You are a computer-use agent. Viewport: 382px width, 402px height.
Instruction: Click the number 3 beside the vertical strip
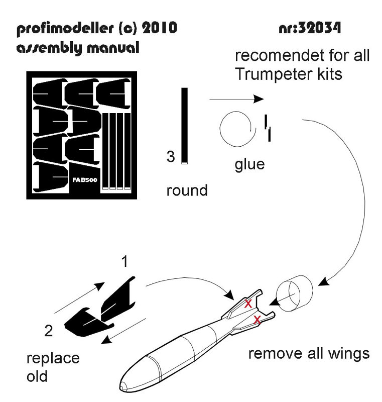click(171, 157)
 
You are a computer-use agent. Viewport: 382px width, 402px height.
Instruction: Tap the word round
click(187, 191)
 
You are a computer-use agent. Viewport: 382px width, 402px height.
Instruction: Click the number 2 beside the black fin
click(48, 331)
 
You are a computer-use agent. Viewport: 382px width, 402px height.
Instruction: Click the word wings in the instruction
click(347, 353)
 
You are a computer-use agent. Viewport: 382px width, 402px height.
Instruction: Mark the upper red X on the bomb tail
click(248, 303)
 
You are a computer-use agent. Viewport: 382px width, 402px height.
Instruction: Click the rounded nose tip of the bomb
click(123, 386)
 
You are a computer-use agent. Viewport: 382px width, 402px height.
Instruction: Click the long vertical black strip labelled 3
click(185, 126)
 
